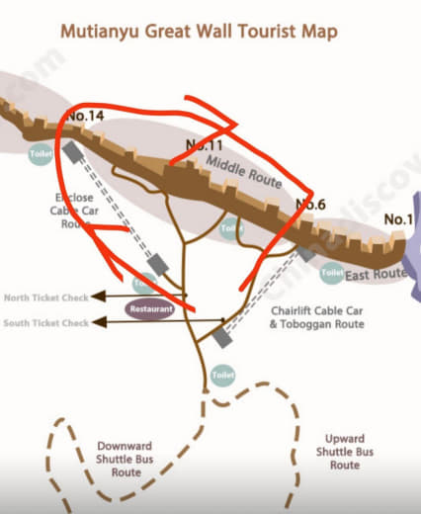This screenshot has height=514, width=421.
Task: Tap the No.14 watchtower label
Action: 85,118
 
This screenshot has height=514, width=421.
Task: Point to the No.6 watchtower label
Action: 311,205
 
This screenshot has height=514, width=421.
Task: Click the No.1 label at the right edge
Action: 397,218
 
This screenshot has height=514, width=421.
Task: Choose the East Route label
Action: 377,273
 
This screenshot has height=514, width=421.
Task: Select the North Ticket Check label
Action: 45,297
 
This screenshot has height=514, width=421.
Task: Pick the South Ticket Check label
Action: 45,322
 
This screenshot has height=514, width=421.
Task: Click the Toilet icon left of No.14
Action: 41,154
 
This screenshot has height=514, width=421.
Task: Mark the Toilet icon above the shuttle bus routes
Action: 222,376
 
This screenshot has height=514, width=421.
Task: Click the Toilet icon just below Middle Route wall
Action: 231,228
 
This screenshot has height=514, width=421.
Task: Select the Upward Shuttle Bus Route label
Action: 344,451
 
